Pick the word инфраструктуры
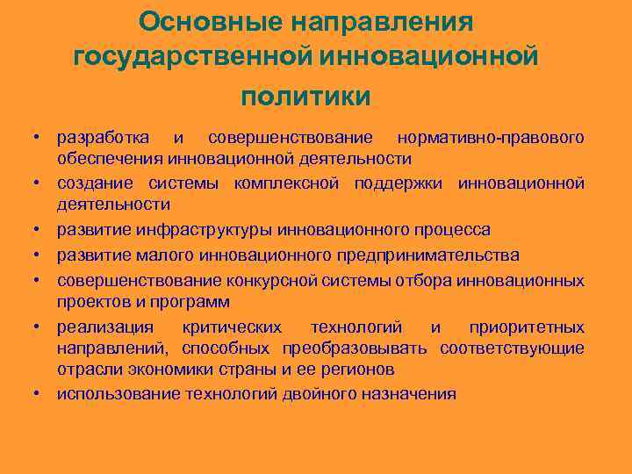[x=205, y=230]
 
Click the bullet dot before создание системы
[x=39, y=183]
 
